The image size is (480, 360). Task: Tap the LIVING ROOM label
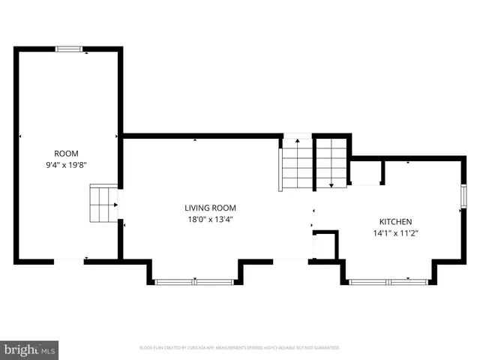tap(211, 208)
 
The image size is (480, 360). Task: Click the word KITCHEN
tap(394, 222)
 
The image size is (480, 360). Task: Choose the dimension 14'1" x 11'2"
tap(394, 232)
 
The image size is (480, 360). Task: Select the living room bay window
tap(194, 282)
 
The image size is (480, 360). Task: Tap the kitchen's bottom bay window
tap(388, 282)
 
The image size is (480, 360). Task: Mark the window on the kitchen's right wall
tap(463, 196)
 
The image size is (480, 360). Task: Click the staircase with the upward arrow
tap(296, 166)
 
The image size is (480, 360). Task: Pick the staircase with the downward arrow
tap(331, 163)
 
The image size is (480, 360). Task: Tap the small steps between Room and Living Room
tap(103, 204)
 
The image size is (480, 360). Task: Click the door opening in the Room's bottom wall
tap(68, 261)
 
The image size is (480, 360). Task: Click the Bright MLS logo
tap(29, 349)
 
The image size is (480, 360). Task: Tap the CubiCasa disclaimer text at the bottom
tap(240, 348)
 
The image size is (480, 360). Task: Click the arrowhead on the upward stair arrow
tap(296, 140)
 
